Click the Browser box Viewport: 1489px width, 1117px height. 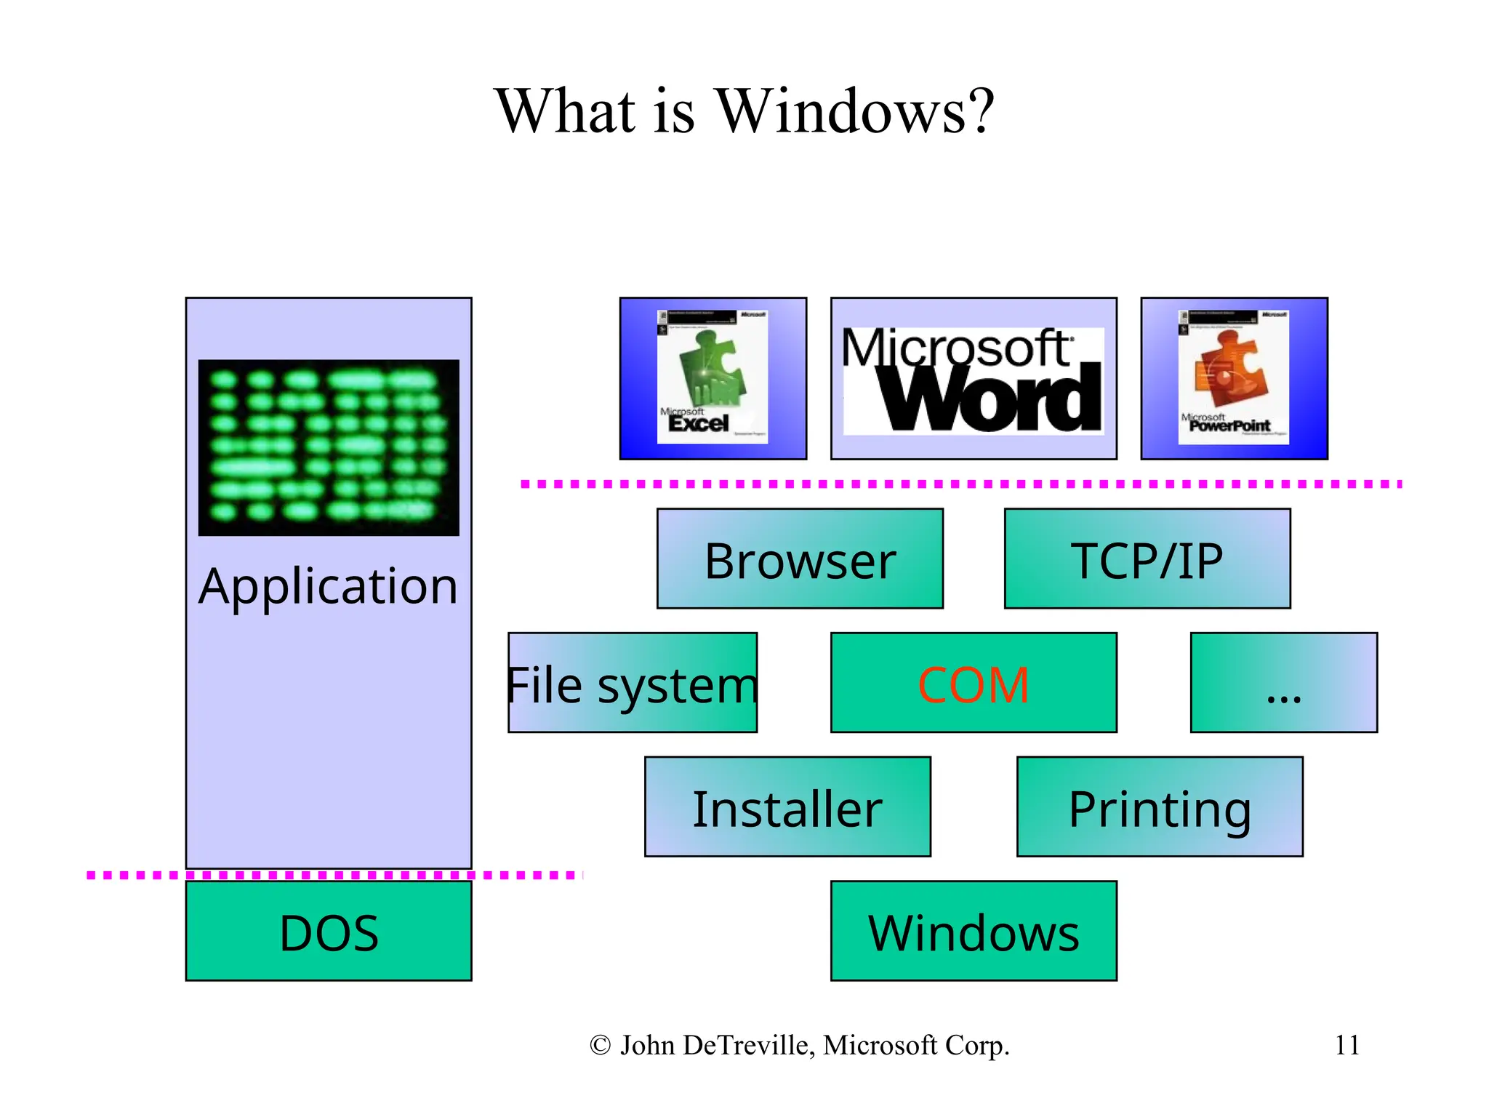[800, 558]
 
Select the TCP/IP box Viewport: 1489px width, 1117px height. [1147, 558]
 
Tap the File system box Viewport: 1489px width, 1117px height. [632, 683]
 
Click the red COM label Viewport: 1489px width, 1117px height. [973, 685]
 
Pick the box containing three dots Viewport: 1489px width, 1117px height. [1283, 683]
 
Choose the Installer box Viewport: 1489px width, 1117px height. [787, 807]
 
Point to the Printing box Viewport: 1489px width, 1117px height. [1159, 807]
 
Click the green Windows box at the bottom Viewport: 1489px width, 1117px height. [973, 932]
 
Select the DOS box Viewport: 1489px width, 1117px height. [329, 932]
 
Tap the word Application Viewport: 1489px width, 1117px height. [329, 586]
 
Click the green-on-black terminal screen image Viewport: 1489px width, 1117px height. [329, 448]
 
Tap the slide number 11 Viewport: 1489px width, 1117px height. [1346, 1045]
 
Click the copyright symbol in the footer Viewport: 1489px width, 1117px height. [600, 1046]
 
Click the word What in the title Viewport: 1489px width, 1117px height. [566, 111]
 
